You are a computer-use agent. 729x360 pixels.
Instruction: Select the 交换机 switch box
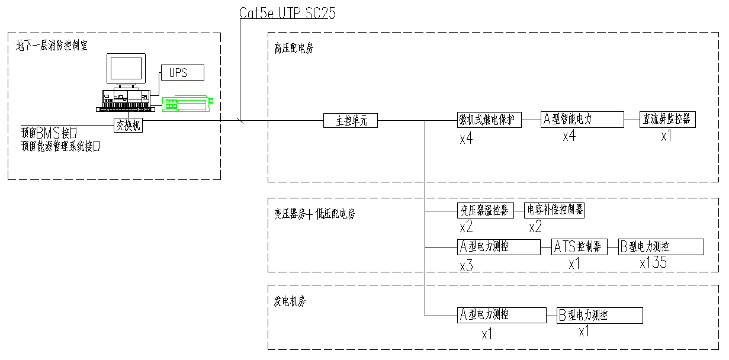129,126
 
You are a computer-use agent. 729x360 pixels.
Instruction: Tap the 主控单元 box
350,121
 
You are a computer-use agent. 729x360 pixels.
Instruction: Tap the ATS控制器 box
579,247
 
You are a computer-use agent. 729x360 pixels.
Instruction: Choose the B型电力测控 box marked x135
661,247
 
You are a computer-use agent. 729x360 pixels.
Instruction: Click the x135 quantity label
653,263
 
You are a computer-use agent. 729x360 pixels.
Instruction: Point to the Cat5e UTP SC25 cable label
287,13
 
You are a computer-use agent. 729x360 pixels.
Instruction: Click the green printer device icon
187,104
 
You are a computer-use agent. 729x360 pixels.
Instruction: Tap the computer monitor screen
126,69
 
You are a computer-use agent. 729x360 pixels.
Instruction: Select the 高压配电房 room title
294,48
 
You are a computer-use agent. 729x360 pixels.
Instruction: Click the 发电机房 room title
290,301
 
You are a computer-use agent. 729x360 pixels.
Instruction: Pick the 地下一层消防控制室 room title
52,46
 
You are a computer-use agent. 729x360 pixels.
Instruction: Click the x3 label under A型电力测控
466,266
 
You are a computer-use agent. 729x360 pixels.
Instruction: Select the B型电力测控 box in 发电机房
599,316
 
